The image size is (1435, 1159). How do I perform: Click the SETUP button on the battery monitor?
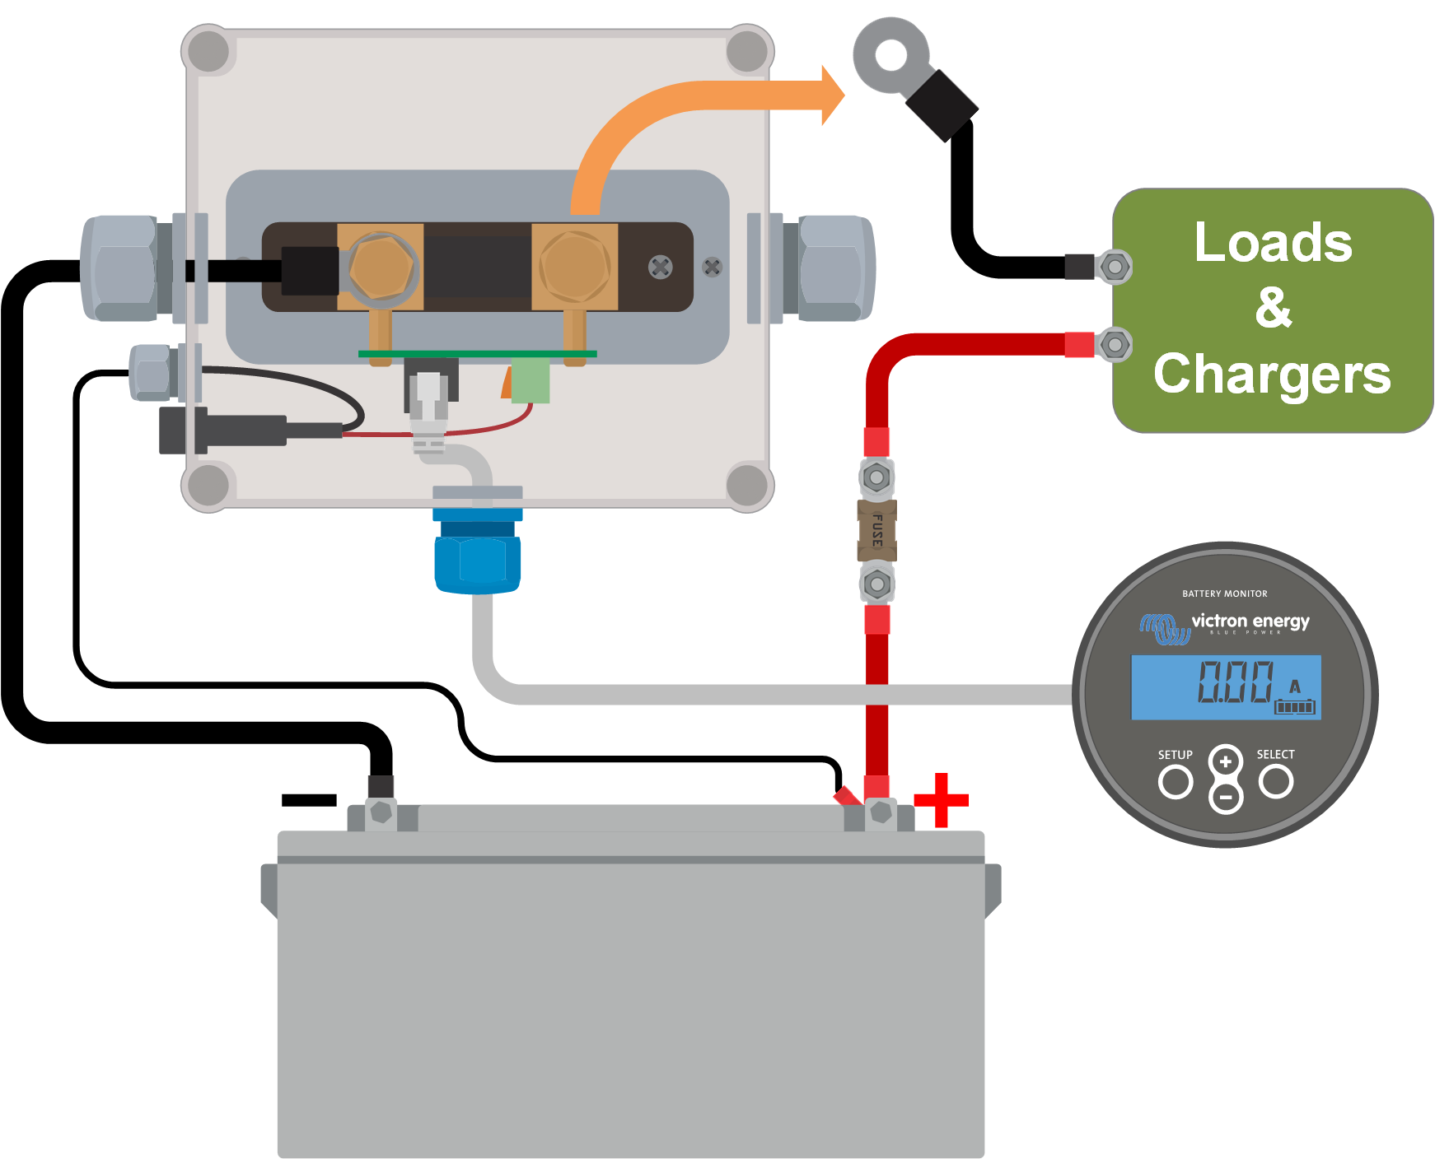click(1175, 781)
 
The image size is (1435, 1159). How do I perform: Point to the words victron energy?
click(1250, 621)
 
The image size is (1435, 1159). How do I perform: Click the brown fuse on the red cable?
click(876, 530)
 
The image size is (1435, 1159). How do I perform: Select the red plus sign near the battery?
click(941, 799)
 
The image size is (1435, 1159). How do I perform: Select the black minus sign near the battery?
click(309, 799)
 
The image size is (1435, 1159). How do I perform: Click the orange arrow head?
click(832, 95)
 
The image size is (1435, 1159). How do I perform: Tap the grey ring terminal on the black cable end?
click(890, 57)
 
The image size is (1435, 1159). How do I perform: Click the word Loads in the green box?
click(1273, 243)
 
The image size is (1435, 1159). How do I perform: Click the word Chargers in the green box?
click(1272, 375)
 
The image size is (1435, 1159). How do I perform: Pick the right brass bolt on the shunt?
click(574, 267)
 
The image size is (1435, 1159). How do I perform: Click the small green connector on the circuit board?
click(530, 379)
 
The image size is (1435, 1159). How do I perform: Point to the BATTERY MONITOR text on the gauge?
click(1225, 593)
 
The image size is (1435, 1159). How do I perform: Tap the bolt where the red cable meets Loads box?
click(1115, 344)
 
